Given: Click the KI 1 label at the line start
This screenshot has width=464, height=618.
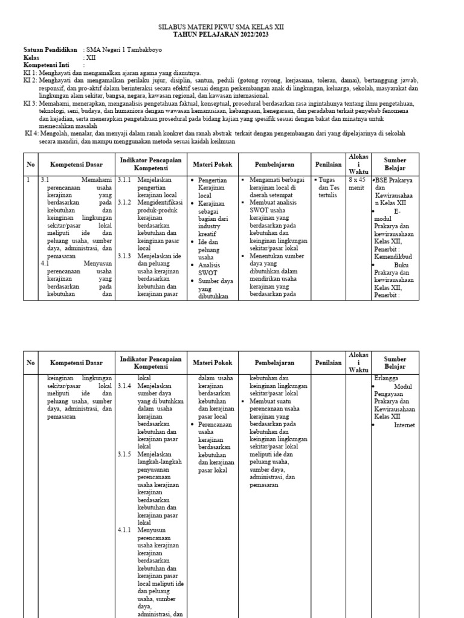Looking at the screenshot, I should (x=30, y=72).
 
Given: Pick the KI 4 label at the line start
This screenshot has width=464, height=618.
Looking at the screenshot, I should (x=31, y=133).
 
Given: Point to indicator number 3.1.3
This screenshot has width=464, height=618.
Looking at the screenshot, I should (x=124, y=256).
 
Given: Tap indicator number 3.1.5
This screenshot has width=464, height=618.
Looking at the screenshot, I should (x=124, y=454).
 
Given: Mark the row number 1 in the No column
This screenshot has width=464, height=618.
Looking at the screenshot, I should (x=28, y=180).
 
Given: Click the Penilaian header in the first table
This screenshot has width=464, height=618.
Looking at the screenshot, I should (x=328, y=164).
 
